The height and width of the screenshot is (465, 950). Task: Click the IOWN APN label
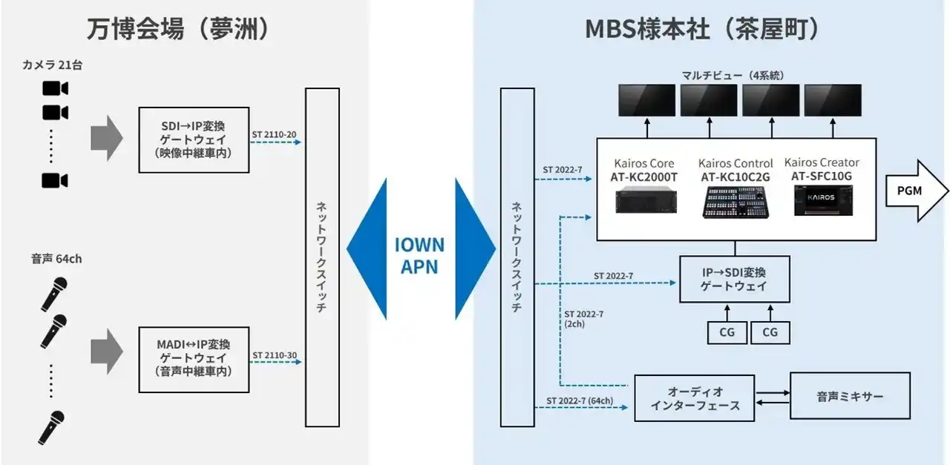click(419, 256)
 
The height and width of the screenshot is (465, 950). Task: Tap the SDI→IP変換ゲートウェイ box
click(194, 139)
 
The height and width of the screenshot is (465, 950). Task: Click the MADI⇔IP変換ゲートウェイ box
click(194, 359)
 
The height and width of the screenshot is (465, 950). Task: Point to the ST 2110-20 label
click(274, 134)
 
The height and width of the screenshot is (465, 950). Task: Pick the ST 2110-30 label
click(274, 355)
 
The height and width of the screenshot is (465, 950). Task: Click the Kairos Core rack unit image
click(644, 199)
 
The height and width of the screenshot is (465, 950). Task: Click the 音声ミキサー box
click(850, 397)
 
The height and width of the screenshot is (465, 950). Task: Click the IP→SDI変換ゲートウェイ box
click(734, 279)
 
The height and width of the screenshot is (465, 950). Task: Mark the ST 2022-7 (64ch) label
click(580, 400)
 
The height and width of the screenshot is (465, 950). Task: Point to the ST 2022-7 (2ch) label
click(583, 319)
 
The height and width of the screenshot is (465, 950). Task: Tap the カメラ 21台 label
click(51, 65)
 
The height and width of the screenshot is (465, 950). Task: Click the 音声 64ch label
click(56, 258)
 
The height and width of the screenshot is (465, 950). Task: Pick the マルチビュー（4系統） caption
click(733, 75)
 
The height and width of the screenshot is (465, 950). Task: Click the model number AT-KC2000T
click(644, 177)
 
